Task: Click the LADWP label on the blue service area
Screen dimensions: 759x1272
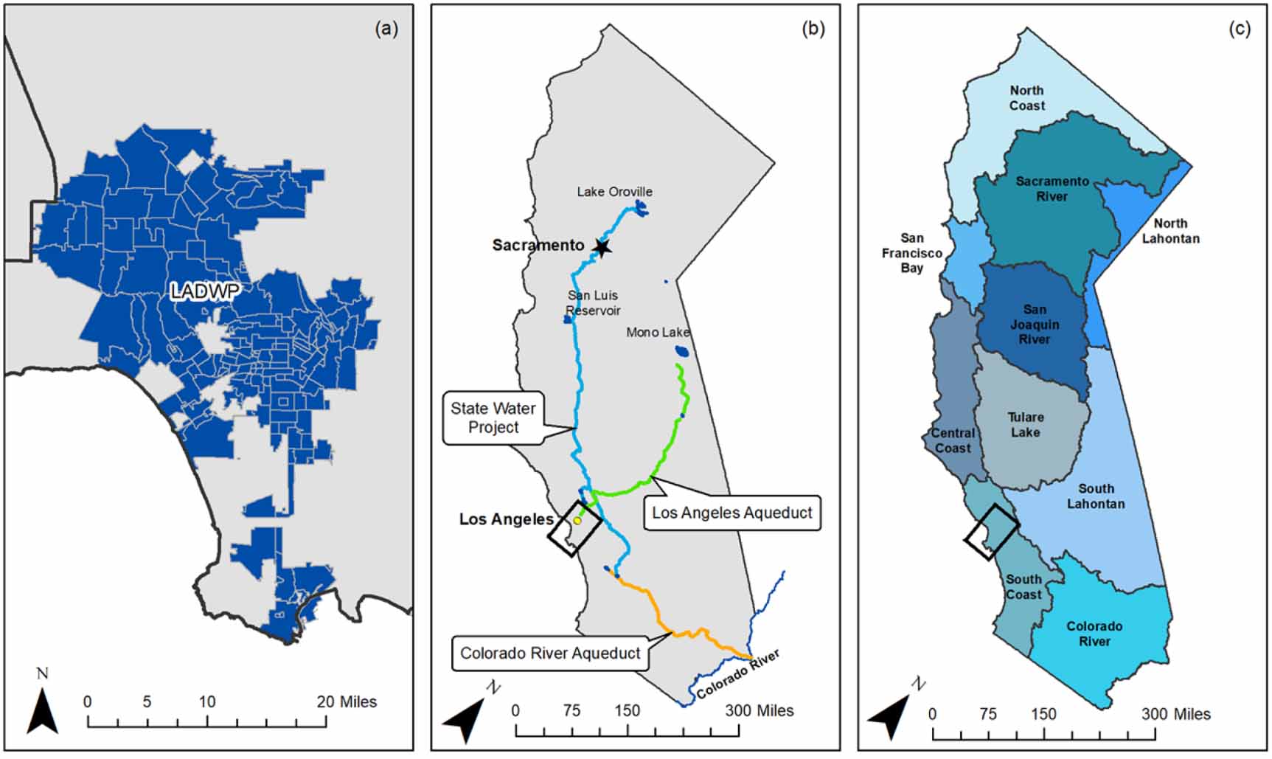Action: pyautogui.click(x=205, y=291)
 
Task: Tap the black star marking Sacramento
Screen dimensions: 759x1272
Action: pyautogui.click(x=602, y=247)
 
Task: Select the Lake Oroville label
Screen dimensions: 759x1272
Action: pyautogui.click(x=614, y=192)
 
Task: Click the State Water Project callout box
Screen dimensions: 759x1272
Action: pyautogui.click(x=493, y=418)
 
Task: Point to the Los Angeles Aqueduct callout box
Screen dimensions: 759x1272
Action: pyautogui.click(x=731, y=513)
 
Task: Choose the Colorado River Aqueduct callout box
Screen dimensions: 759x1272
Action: pyautogui.click(x=550, y=654)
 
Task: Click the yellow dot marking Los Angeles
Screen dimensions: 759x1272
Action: pyautogui.click(x=577, y=521)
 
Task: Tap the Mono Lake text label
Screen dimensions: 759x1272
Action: pyautogui.click(x=657, y=333)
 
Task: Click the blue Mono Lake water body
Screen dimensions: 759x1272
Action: pyautogui.click(x=681, y=352)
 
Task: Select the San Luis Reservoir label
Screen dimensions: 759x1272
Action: pyautogui.click(x=593, y=303)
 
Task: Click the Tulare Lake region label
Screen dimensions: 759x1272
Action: pyautogui.click(x=1026, y=425)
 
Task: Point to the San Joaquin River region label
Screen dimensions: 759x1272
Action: pyautogui.click(x=1034, y=325)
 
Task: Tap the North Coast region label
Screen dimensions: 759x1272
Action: pyautogui.click(x=1026, y=98)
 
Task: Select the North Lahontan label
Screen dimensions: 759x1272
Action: pyautogui.click(x=1170, y=231)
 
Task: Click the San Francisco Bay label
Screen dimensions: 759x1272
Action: pyautogui.click(x=911, y=253)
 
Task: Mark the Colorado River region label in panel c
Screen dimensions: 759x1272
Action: pyautogui.click(x=1094, y=634)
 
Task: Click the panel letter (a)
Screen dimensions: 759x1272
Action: pyautogui.click(x=386, y=29)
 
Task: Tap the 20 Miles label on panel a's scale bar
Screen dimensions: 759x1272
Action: pyautogui.click(x=347, y=702)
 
